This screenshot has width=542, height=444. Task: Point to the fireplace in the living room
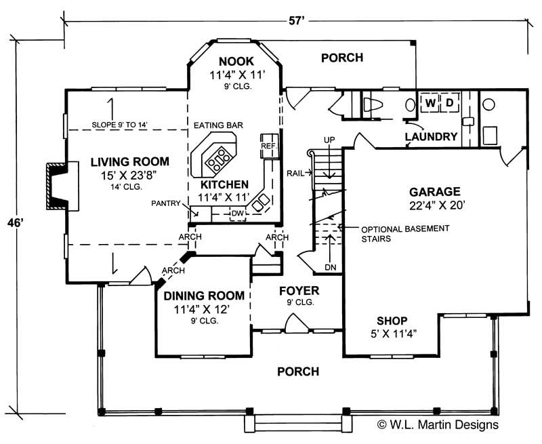[x=56, y=183]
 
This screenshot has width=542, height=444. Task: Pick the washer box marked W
[x=430, y=103]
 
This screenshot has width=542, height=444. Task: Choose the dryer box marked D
[x=448, y=103]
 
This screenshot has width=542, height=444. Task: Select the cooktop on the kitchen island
[x=219, y=161]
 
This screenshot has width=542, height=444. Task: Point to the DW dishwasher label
[x=236, y=214]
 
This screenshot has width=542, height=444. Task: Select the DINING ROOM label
[x=203, y=296]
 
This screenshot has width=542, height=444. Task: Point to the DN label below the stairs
[x=330, y=267]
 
